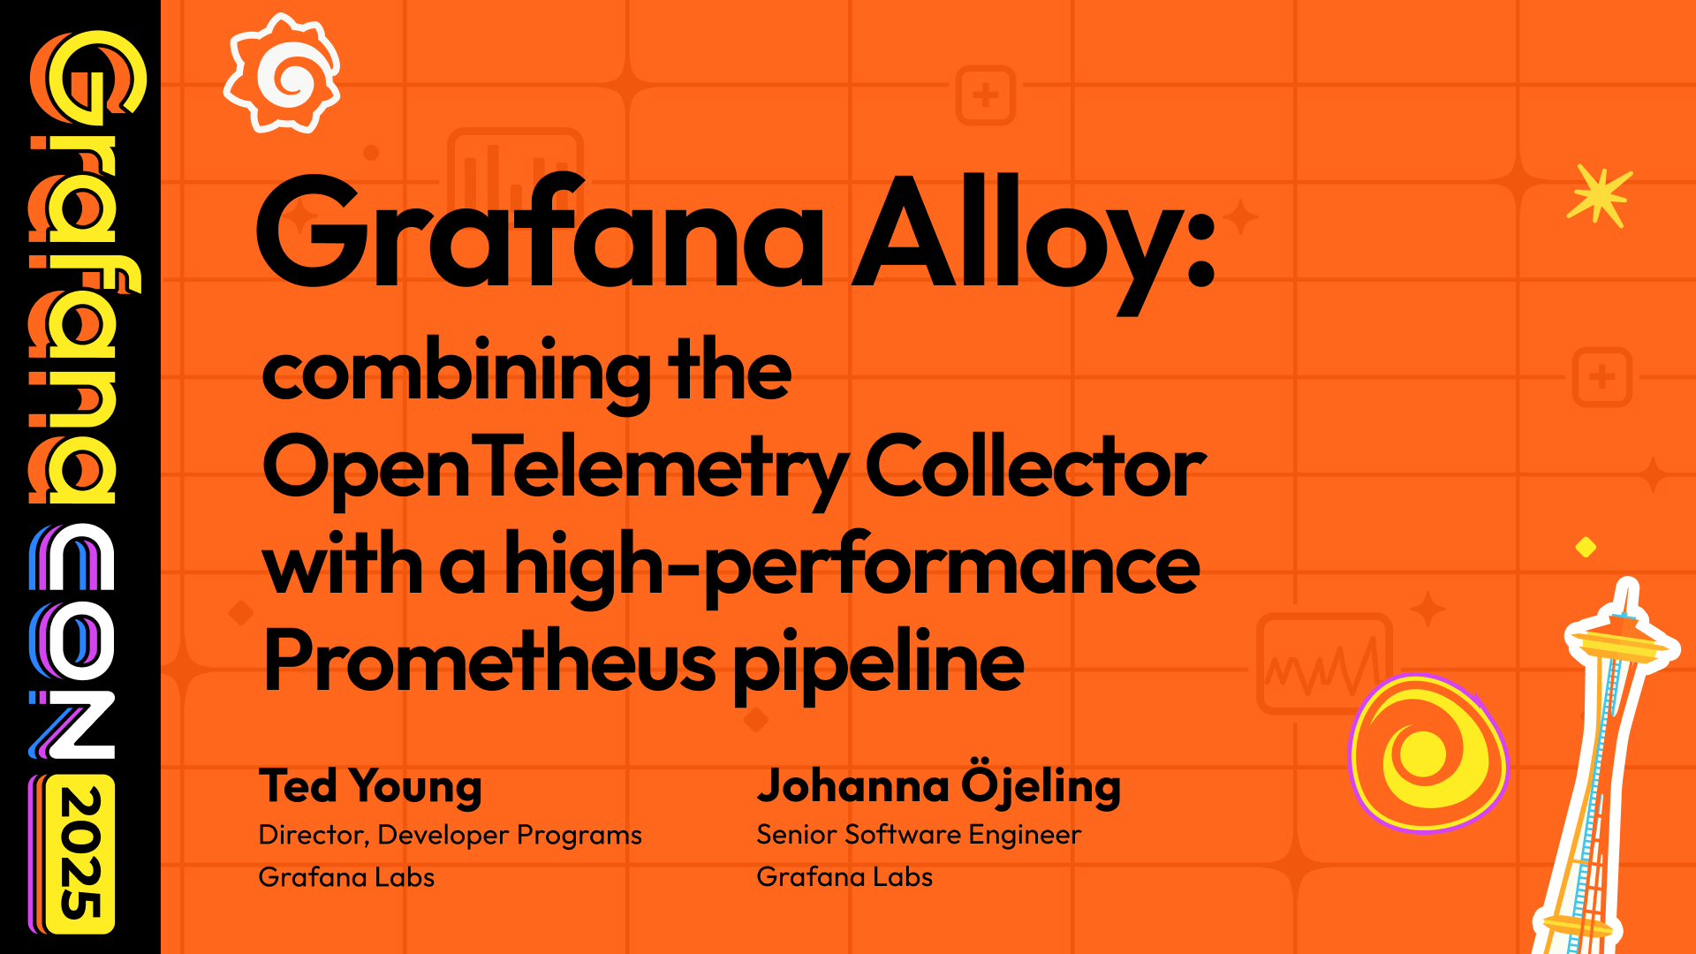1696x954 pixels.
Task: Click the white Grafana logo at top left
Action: point(282,74)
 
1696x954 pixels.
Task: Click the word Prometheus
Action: point(489,662)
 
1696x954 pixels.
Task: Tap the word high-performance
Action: point(852,565)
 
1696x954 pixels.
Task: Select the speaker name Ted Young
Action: point(370,786)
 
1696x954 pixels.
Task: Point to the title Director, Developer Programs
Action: point(450,835)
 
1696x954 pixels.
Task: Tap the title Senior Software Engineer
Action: point(919,835)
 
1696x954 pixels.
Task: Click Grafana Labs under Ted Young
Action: point(346,877)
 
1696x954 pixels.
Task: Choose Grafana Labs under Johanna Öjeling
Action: point(844,877)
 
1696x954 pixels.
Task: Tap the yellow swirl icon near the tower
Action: point(1427,753)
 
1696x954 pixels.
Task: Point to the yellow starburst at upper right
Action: point(1599,195)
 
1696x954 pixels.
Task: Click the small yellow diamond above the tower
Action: point(1586,548)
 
